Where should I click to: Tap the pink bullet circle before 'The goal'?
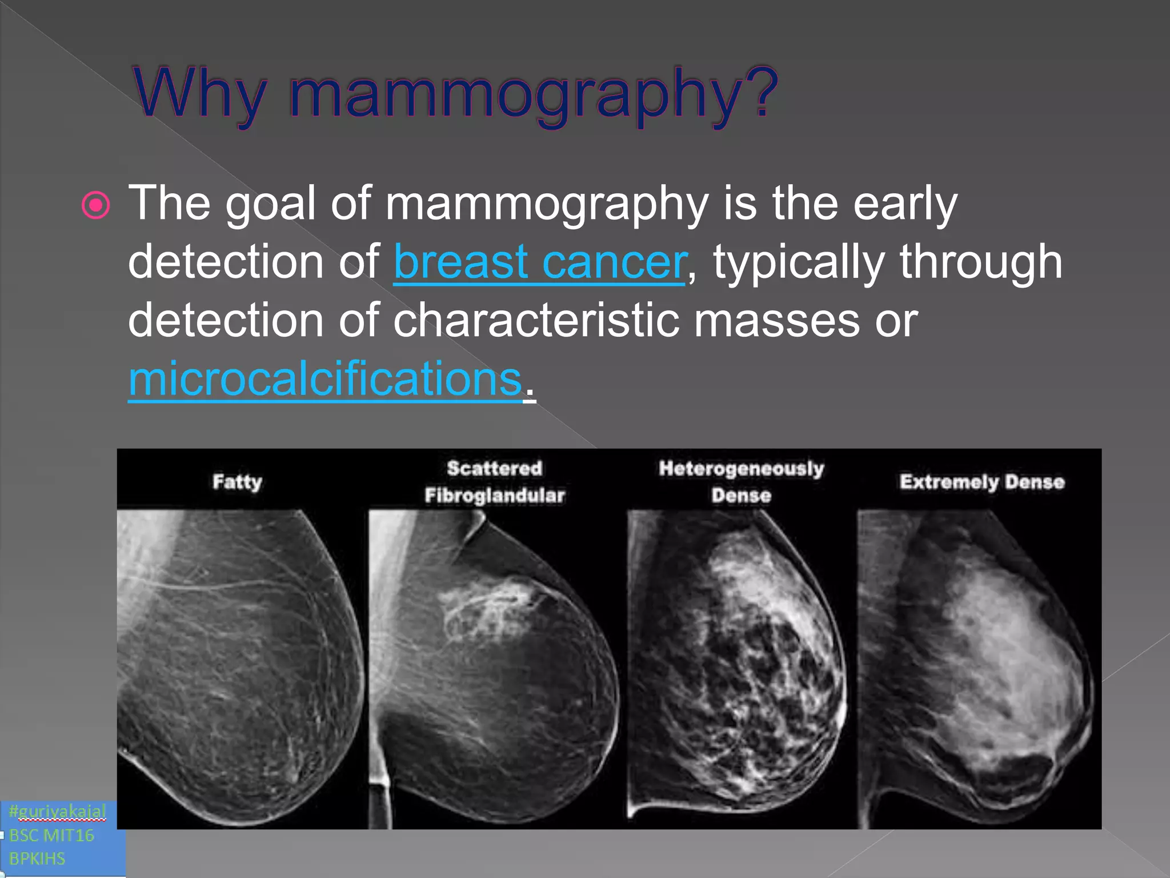(96, 205)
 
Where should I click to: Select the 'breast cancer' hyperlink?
(540, 262)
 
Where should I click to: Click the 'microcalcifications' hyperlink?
(325, 379)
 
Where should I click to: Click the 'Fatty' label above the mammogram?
(237, 481)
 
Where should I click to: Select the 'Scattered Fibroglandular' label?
(495, 481)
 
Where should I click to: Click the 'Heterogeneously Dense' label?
(741, 481)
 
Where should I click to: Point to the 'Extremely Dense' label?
(982, 481)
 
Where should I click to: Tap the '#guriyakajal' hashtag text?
(58, 811)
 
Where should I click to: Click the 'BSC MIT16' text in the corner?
(51, 835)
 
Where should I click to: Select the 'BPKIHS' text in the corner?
(37, 859)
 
